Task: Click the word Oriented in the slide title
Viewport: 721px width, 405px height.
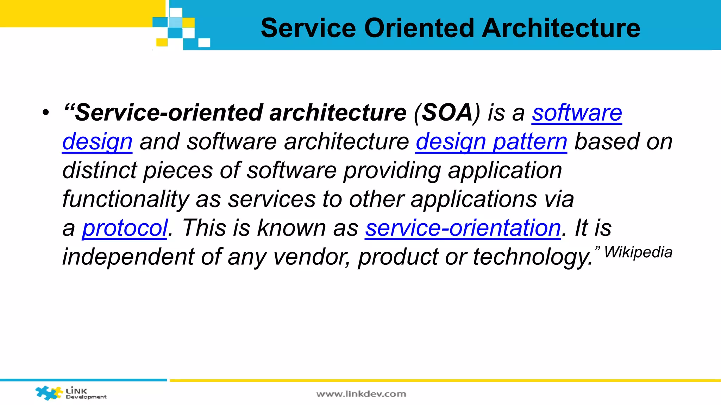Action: (419, 28)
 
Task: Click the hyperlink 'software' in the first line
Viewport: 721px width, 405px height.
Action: (577, 113)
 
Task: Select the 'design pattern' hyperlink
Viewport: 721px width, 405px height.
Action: (491, 142)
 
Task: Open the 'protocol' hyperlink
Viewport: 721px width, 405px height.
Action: (125, 228)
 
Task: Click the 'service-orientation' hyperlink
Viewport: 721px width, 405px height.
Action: (463, 228)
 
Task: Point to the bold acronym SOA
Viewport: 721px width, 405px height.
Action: (447, 113)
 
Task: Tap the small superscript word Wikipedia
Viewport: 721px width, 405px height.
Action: (638, 252)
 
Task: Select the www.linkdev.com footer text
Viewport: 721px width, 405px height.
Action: (361, 394)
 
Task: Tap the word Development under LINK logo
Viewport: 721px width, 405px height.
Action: (86, 397)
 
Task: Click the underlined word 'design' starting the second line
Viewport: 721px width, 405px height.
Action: (97, 142)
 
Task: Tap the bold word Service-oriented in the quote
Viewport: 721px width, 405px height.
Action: (169, 113)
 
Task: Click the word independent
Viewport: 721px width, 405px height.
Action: (128, 257)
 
